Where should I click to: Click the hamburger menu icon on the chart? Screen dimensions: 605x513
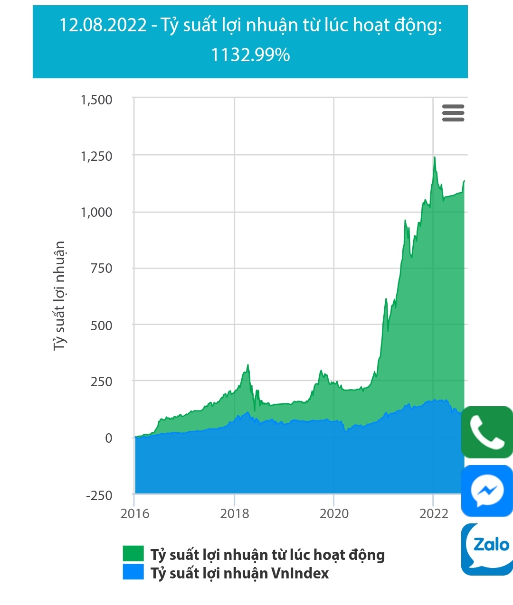[453, 113]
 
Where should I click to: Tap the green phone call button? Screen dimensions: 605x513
[487, 432]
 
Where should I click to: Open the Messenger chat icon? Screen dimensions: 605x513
[487, 491]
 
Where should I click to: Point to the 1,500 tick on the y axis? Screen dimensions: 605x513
[96, 100]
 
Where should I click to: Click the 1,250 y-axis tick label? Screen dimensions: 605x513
[96, 156]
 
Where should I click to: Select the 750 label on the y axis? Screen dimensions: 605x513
[101, 269]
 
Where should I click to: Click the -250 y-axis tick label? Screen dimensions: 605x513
[99, 495]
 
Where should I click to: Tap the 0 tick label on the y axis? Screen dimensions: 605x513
[109, 438]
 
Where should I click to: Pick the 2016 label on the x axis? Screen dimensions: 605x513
[135, 513]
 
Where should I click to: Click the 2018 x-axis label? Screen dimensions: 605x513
[235, 513]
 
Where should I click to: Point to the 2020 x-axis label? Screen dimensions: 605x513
[334, 513]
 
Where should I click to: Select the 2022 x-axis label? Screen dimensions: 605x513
[433, 513]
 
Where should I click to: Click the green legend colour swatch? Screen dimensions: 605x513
[133, 553]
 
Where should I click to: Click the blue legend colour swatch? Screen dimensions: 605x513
[133, 572]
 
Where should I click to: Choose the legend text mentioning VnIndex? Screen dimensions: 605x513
[239, 573]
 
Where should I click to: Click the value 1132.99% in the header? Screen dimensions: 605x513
[250, 55]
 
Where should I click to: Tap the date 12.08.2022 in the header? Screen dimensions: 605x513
[103, 25]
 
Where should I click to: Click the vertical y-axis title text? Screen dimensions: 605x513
[59, 295]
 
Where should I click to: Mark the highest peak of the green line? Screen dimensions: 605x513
[434, 157]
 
